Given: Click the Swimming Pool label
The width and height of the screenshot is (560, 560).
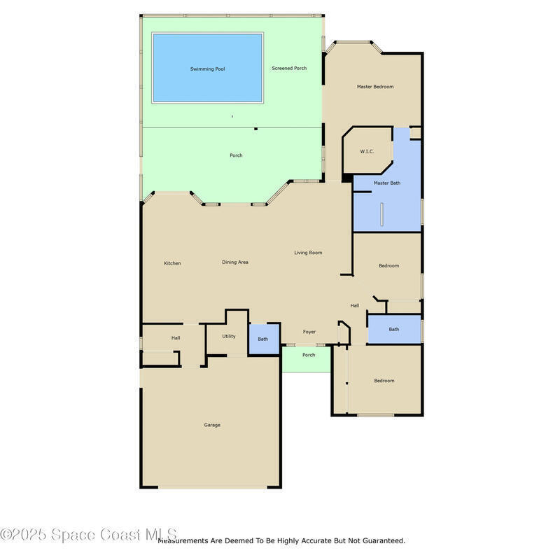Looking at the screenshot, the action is [x=207, y=69].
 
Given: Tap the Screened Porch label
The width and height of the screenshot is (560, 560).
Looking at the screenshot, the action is [x=289, y=68].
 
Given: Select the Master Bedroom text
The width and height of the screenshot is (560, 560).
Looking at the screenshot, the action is [x=375, y=86].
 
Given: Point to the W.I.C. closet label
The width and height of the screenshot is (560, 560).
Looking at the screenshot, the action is [x=367, y=151].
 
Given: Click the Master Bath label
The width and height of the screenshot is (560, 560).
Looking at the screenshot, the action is [x=387, y=183].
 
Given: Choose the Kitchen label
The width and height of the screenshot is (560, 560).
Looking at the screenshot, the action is [x=172, y=263].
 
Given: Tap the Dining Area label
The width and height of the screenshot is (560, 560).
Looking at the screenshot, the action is [x=235, y=262].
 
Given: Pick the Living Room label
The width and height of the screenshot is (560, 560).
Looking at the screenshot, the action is [x=308, y=253].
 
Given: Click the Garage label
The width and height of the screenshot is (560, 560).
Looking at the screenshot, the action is [x=212, y=425].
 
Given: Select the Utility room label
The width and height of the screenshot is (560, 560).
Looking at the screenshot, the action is [x=229, y=337].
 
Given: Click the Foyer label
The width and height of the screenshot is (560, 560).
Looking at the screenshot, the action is [x=309, y=332].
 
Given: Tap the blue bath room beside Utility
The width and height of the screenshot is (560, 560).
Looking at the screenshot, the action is [x=264, y=339].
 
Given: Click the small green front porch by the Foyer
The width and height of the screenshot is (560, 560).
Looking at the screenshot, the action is [x=307, y=359].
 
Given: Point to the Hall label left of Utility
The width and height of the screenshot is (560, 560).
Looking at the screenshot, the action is [x=176, y=338].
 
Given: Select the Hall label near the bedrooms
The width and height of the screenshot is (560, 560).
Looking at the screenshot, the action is [x=355, y=305].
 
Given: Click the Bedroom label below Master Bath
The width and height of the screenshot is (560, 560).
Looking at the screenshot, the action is [x=389, y=266].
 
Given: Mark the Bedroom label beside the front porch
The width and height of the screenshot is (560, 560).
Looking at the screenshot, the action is [x=384, y=381].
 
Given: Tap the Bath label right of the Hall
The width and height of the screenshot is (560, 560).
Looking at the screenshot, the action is [x=394, y=329].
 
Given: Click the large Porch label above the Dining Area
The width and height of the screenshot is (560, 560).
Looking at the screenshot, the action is [x=236, y=155].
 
